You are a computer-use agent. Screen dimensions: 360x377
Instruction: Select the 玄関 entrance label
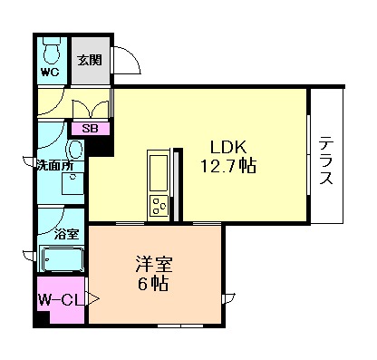(89, 60)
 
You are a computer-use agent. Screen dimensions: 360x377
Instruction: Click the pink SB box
(90, 128)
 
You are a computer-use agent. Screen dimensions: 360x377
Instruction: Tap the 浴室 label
(66, 233)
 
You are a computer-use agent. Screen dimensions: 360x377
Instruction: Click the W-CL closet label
(60, 298)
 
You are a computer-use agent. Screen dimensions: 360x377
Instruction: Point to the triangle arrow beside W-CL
(92, 297)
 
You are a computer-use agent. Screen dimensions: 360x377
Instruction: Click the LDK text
(229, 146)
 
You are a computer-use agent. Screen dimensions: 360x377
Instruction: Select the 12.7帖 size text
(228, 166)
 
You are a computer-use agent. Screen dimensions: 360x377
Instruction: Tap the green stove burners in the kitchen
(159, 205)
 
